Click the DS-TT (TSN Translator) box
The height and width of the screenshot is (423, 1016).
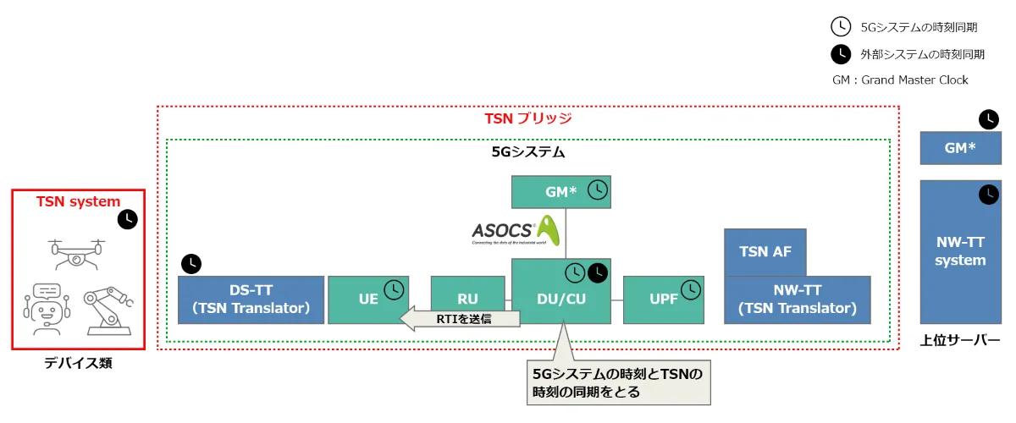(x=251, y=299)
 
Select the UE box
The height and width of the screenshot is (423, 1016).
(x=367, y=299)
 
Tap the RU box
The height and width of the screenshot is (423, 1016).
(x=467, y=299)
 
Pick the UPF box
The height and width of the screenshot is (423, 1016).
(x=662, y=299)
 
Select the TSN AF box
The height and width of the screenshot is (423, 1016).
(x=765, y=251)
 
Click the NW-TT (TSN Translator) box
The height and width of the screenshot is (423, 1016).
(x=797, y=299)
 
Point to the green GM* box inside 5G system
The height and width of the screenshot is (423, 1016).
(x=560, y=192)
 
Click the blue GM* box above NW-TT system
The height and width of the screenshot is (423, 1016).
(x=960, y=148)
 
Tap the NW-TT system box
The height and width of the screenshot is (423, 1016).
(x=960, y=251)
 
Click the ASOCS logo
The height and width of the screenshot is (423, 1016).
(x=516, y=230)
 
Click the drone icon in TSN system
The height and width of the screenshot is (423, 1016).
(x=77, y=250)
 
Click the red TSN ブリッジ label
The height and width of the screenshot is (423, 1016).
(x=527, y=118)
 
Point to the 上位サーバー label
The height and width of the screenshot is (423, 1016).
(x=960, y=341)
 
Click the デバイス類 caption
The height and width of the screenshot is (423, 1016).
(x=78, y=363)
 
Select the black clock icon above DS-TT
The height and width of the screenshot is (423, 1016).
(x=192, y=263)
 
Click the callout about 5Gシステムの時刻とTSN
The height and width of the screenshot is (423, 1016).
(x=617, y=382)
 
